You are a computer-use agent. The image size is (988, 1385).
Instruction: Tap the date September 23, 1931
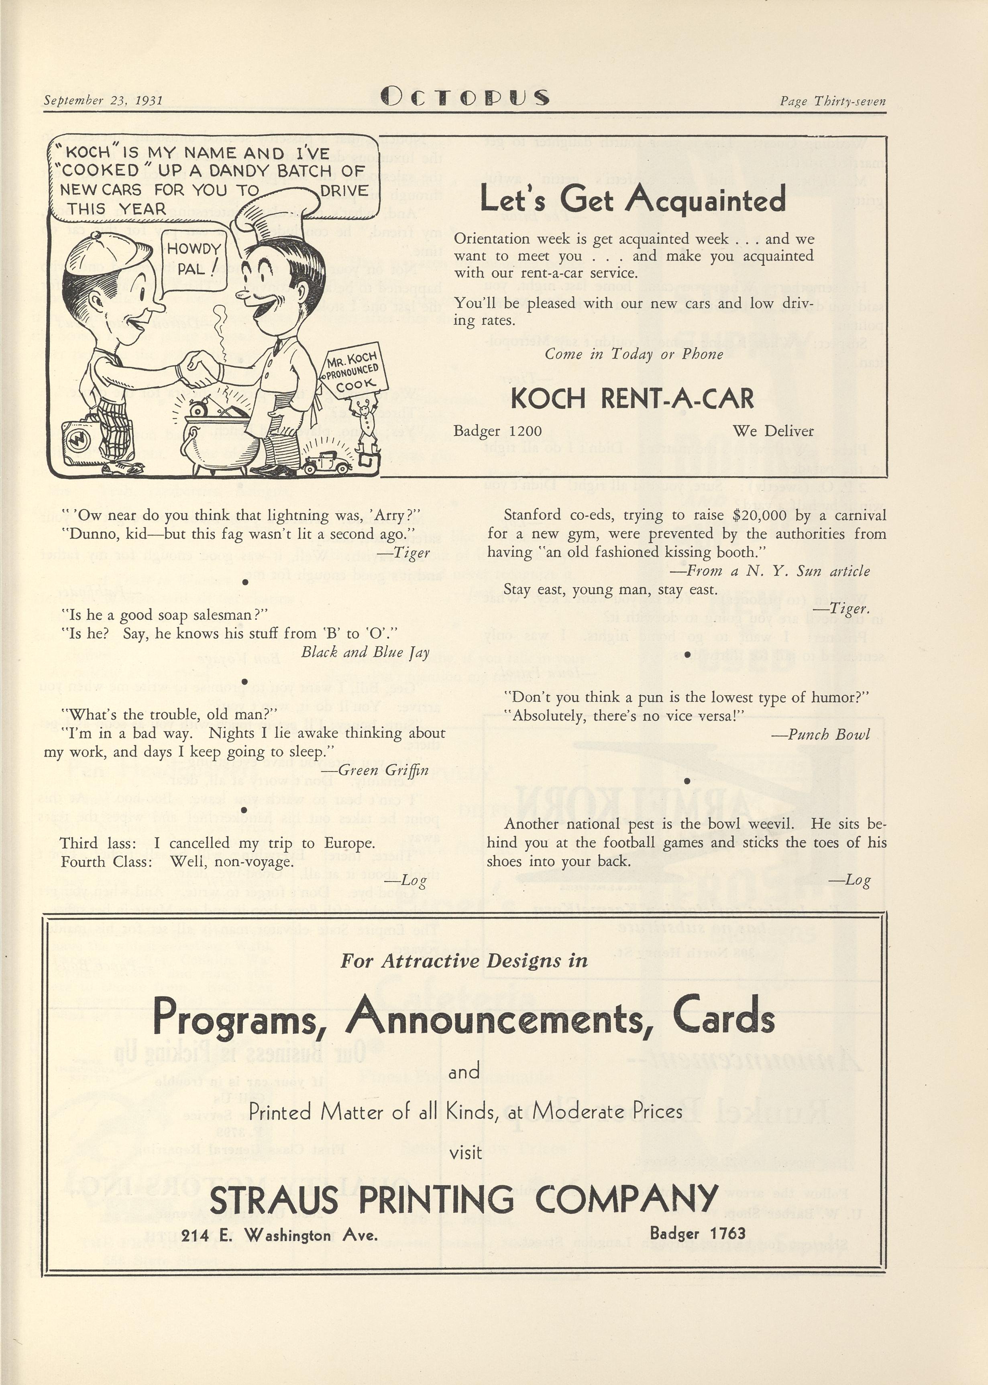point(103,100)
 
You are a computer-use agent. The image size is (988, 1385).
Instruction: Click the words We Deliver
point(773,431)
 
